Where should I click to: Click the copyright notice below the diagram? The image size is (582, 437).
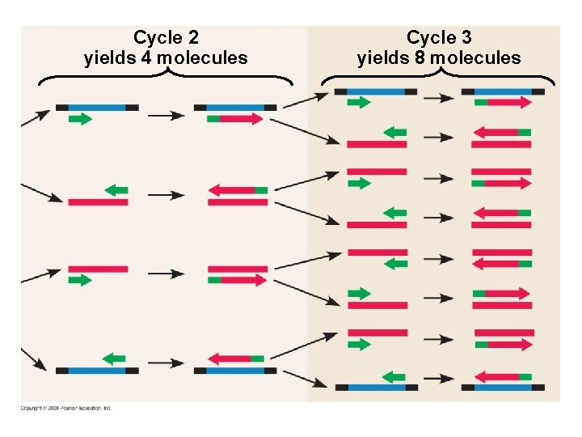[66, 408]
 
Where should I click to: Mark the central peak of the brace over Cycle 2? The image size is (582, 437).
[166, 72]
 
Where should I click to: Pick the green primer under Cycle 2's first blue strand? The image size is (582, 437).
[79, 119]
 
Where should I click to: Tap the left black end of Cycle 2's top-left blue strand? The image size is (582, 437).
[61, 107]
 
